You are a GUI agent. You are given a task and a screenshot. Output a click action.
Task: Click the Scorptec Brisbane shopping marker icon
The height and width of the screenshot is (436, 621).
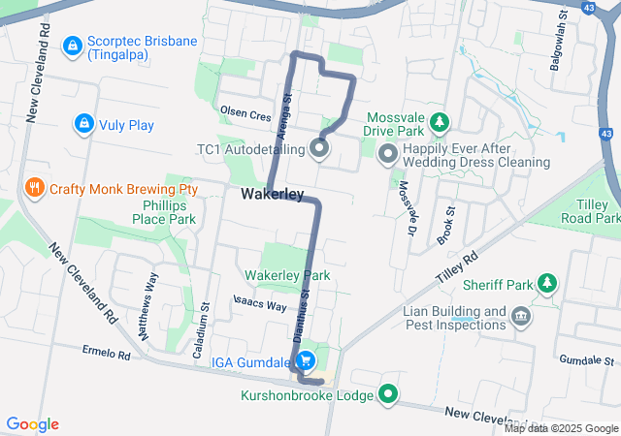point(72,46)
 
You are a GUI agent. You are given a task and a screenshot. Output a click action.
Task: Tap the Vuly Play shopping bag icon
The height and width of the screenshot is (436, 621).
point(83,124)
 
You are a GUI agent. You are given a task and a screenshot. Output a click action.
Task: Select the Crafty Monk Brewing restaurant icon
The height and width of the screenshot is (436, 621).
point(34,188)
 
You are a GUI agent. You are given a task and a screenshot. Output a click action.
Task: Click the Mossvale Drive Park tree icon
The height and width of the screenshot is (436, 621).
point(441,122)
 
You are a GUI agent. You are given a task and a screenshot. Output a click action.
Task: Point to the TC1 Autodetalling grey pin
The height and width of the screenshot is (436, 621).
point(319,149)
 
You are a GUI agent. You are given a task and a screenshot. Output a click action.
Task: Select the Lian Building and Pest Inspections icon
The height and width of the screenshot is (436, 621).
point(520,316)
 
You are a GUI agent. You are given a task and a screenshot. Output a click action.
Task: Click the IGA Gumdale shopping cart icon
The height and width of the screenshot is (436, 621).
point(306,361)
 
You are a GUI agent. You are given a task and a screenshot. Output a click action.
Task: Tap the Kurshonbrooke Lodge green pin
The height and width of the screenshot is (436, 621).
point(389,394)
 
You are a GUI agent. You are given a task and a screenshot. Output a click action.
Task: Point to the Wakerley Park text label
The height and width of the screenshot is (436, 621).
point(287,276)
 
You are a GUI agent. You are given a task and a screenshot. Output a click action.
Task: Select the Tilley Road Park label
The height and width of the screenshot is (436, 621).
point(592,211)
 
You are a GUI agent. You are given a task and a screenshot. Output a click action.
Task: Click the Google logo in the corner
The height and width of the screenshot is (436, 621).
point(32,424)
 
